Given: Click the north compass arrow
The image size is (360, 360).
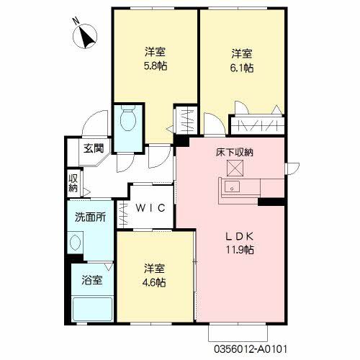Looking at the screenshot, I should coord(87,36).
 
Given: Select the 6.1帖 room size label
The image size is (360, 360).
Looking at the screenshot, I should coord(243,68).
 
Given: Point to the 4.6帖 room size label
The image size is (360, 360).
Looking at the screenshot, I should coord(155,282).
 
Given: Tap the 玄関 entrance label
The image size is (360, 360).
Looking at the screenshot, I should coord(93,149).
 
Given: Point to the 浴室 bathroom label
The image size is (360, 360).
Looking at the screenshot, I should coord(91,279).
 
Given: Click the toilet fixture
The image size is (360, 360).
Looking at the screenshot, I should coord(130,120).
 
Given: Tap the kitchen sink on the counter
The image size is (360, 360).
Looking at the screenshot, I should coord(233,187).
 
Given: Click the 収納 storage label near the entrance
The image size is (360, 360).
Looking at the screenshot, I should coord(73,183).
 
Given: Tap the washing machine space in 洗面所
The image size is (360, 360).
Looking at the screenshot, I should coord(77,240).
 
